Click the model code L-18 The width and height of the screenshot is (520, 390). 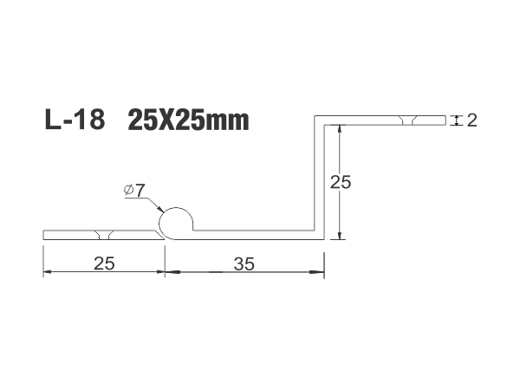pos(75,120)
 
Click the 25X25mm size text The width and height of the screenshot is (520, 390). pos(188,120)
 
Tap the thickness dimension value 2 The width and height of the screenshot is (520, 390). pos(472,120)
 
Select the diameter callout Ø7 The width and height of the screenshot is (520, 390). pos(134,190)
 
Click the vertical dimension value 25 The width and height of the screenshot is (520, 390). pos(341,182)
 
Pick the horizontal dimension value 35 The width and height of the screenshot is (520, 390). pos(244,264)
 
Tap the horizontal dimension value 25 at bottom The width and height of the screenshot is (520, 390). pos(104,263)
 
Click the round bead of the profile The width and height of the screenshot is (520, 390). pos(176,223)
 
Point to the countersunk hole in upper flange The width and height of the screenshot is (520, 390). pos(408,120)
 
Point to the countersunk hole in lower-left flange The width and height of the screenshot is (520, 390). pos(104,235)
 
